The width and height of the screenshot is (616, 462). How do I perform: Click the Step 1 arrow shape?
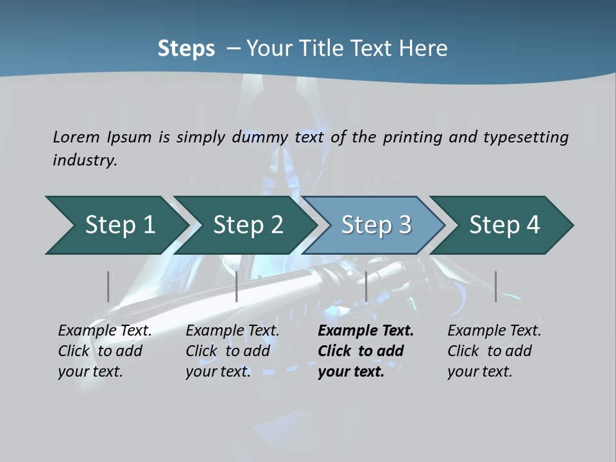coord(116,225)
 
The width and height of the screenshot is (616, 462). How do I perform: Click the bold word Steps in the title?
coord(186,49)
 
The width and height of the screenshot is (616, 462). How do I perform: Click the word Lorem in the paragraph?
coord(76,137)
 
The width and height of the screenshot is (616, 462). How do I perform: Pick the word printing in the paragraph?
coord(411,137)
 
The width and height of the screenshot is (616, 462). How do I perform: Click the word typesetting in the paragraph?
coord(526,137)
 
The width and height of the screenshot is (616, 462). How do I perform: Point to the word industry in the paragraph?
coord(85,160)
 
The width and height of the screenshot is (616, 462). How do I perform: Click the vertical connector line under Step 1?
coord(108,286)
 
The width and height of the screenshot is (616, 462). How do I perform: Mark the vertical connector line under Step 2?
coord(237,286)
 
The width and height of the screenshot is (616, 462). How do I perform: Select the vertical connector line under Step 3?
coord(366,286)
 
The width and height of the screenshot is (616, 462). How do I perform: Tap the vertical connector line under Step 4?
coord(496,286)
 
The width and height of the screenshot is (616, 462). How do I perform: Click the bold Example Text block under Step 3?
coord(366,351)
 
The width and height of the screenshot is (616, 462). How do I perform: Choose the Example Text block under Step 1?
coord(105,351)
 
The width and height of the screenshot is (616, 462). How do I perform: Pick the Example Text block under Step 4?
coord(494,351)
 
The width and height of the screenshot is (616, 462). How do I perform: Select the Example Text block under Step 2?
coord(232,351)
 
